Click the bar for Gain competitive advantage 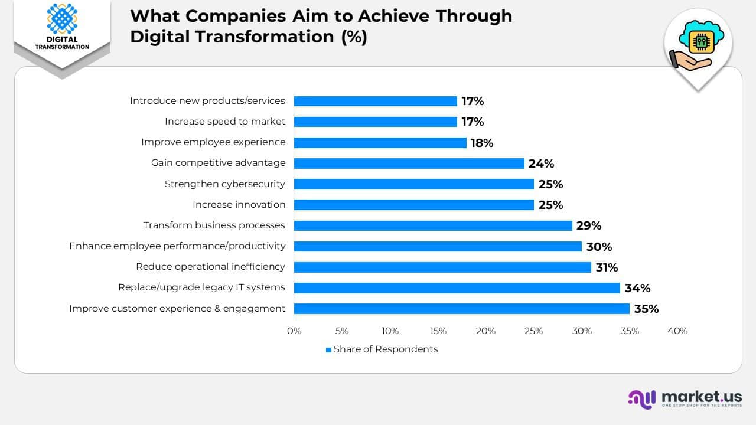point(409,164)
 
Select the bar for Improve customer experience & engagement point(461,309)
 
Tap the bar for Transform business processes point(433,225)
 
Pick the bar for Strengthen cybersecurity point(413,184)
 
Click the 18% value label point(481,143)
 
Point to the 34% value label point(637,288)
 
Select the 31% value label point(607,267)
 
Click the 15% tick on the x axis point(438,331)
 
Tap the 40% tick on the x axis point(677,331)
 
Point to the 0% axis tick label point(294,331)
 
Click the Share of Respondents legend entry point(382,349)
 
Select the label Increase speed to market point(224,122)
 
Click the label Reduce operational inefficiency point(210,267)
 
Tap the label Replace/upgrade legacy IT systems point(201,287)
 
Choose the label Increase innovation point(239,205)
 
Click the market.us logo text point(702,397)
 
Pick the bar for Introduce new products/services point(375,101)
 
